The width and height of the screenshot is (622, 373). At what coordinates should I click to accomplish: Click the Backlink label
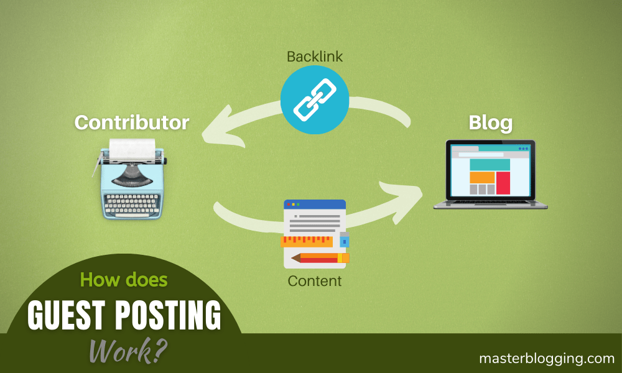click(x=314, y=57)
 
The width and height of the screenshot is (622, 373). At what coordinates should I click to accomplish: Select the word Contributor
click(x=131, y=122)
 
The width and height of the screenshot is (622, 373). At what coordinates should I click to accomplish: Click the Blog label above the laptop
click(x=490, y=122)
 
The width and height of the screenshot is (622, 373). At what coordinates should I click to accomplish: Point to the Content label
click(x=314, y=281)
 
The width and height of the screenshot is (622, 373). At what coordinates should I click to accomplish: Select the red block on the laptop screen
click(x=503, y=183)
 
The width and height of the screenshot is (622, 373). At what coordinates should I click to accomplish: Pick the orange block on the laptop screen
click(x=481, y=177)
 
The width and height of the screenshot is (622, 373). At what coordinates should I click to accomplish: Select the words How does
click(x=124, y=280)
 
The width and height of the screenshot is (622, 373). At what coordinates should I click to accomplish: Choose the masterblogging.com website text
click(x=546, y=358)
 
